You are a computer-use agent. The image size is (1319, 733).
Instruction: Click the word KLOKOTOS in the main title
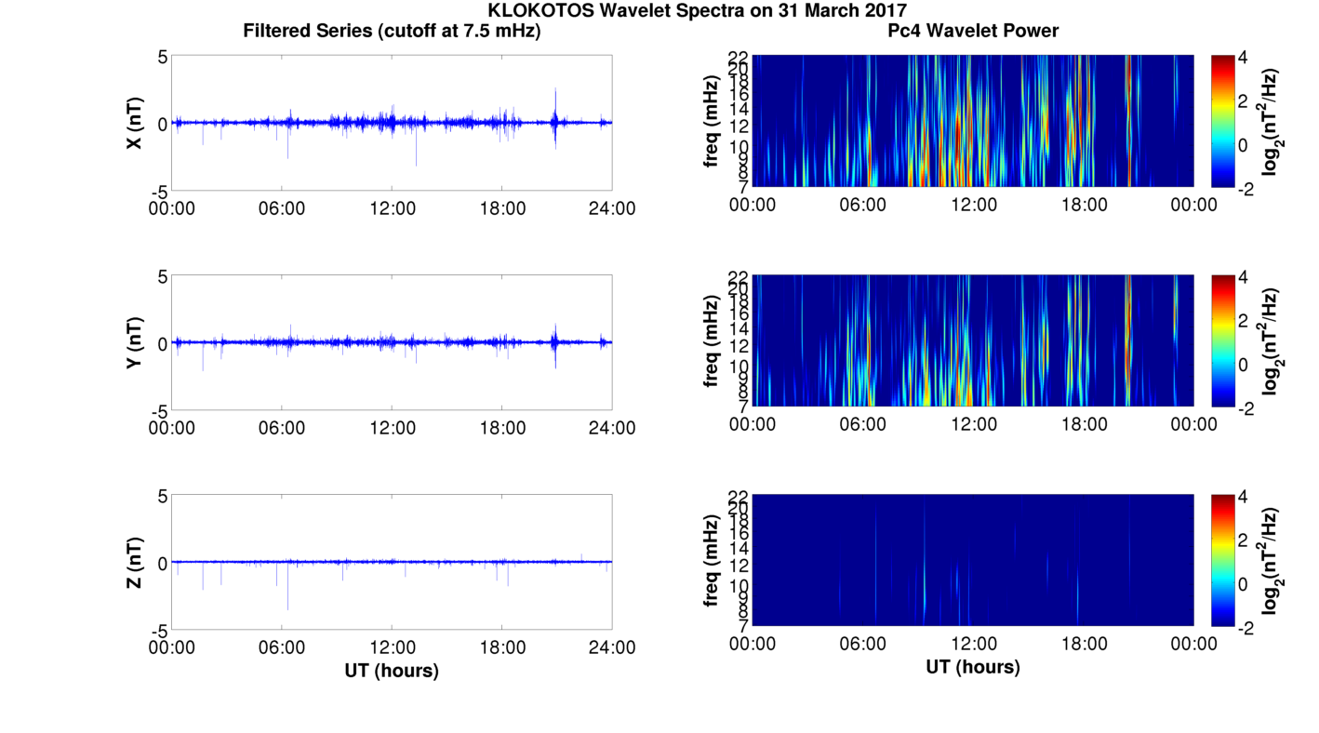540,10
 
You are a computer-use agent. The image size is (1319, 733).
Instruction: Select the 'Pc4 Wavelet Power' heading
973,31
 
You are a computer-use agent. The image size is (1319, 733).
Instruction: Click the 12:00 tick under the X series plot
392,207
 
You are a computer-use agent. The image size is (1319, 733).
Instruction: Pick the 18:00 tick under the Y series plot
502,427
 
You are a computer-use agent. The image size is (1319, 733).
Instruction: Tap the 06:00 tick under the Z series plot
282,647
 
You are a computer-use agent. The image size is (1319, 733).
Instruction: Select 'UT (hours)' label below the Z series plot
392,670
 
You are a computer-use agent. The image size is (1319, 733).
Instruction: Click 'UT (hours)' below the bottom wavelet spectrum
973,667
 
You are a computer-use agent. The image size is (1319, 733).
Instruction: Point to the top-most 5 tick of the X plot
162,57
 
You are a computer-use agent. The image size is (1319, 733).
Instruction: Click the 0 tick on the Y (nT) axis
162,343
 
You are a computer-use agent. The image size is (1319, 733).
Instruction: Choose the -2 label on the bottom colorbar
1248,628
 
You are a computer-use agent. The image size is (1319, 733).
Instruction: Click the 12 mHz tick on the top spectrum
737,126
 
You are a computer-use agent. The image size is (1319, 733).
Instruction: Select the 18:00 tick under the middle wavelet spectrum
1085,424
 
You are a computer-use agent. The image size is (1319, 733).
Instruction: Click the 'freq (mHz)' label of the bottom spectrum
712,559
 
